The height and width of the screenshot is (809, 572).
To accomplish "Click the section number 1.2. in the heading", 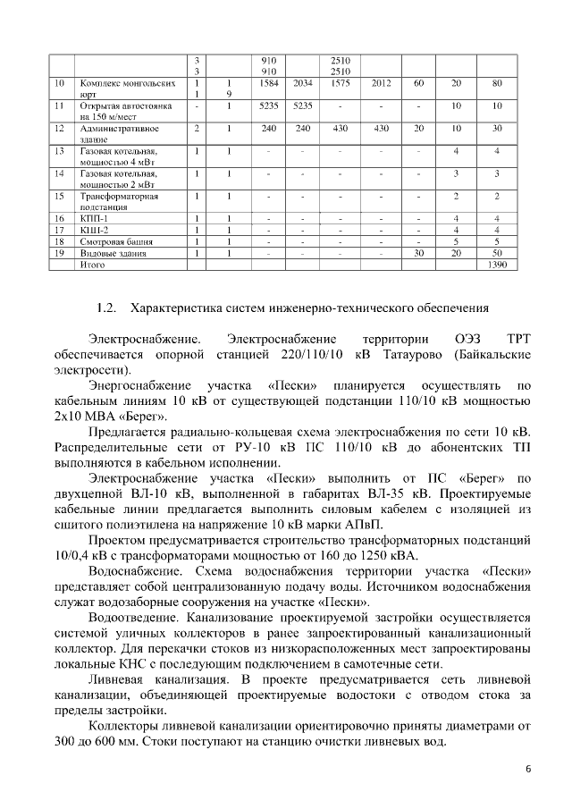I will [x=106, y=309].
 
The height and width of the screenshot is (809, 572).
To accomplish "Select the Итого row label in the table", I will [x=94, y=265].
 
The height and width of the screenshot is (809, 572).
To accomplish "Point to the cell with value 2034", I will [x=302, y=83].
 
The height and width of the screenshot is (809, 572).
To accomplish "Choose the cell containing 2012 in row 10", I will [x=381, y=83].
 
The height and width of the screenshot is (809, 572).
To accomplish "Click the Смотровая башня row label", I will [x=116, y=241].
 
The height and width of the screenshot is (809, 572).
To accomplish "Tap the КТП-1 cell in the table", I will [x=94, y=218].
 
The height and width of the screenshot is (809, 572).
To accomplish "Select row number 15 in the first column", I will [x=60, y=195].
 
